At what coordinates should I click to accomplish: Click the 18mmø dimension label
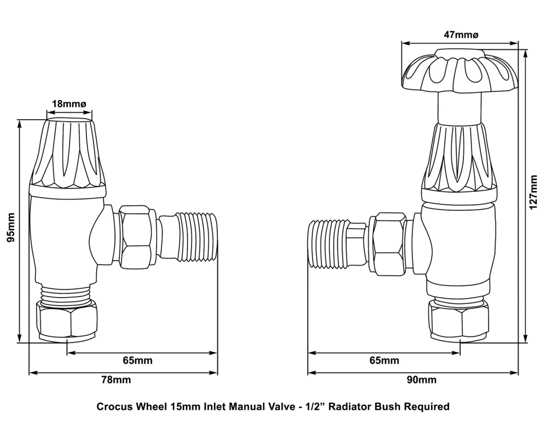68,104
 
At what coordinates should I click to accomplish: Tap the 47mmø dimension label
461,34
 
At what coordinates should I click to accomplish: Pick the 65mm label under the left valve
137,361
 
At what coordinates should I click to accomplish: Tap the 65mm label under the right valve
384,361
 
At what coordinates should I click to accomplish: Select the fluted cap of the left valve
67,153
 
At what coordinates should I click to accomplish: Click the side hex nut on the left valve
137,235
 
